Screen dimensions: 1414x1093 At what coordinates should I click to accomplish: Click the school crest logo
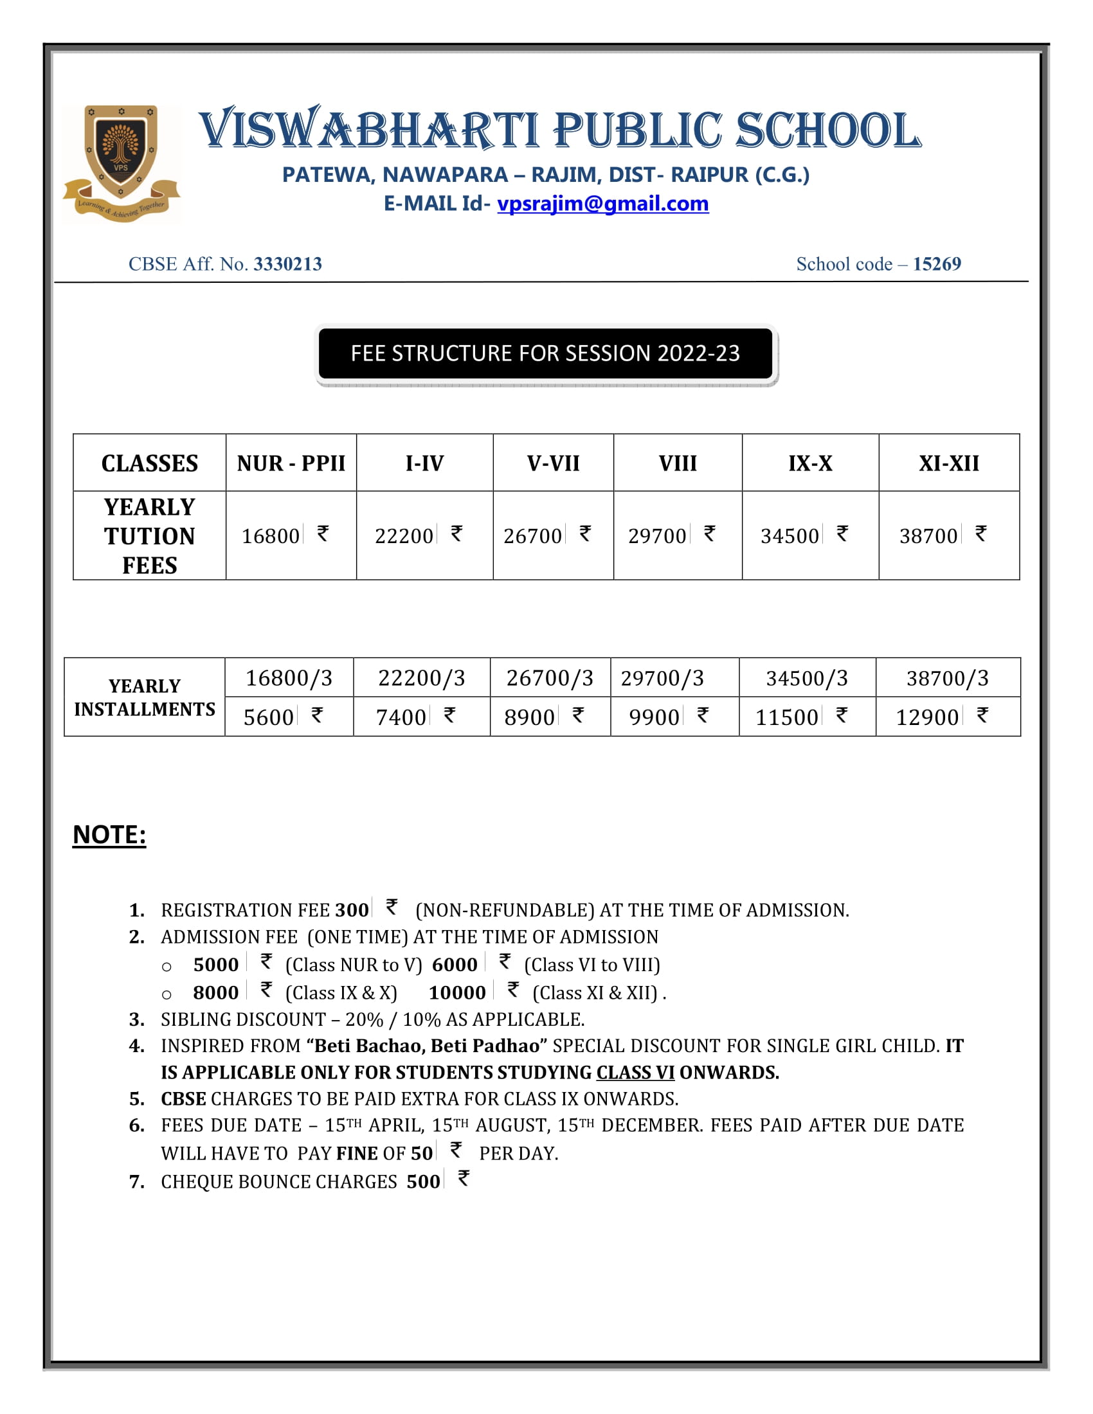click(121, 163)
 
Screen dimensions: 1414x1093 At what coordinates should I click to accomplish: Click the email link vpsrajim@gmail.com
click(602, 204)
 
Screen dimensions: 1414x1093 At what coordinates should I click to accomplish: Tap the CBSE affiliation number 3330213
click(287, 264)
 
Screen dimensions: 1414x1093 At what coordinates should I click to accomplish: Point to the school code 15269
click(936, 264)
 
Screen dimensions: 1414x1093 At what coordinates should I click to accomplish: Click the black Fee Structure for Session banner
click(545, 353)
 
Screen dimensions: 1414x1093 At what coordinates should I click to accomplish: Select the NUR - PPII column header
click(291, 463)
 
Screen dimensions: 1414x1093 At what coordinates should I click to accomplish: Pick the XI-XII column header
click(948, 463)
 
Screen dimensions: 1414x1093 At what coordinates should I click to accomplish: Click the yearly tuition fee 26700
click(532, 536)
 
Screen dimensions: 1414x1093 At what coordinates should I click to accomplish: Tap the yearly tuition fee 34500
click(790, 536)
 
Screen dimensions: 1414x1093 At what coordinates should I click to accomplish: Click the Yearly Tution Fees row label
click(150, 536)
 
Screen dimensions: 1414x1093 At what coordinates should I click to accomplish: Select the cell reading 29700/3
click(662, 678)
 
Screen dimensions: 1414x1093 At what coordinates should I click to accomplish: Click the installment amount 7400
click(401, 717)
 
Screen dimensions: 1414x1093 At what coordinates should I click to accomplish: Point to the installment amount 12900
click(926, 717)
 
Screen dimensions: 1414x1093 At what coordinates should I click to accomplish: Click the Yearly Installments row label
click(145, 697)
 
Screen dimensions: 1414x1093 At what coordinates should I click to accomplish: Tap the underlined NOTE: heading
click(109, 834)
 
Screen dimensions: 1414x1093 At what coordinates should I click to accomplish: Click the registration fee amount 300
click(352, 910)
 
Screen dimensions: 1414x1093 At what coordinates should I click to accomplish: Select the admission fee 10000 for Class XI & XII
click(456, 992)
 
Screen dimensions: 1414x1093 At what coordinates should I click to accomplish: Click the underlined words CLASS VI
click(635, 1073)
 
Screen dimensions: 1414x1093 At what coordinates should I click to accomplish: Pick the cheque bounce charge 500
click(423, 1181)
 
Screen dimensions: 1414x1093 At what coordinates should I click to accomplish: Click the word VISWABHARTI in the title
click(368, 129)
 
